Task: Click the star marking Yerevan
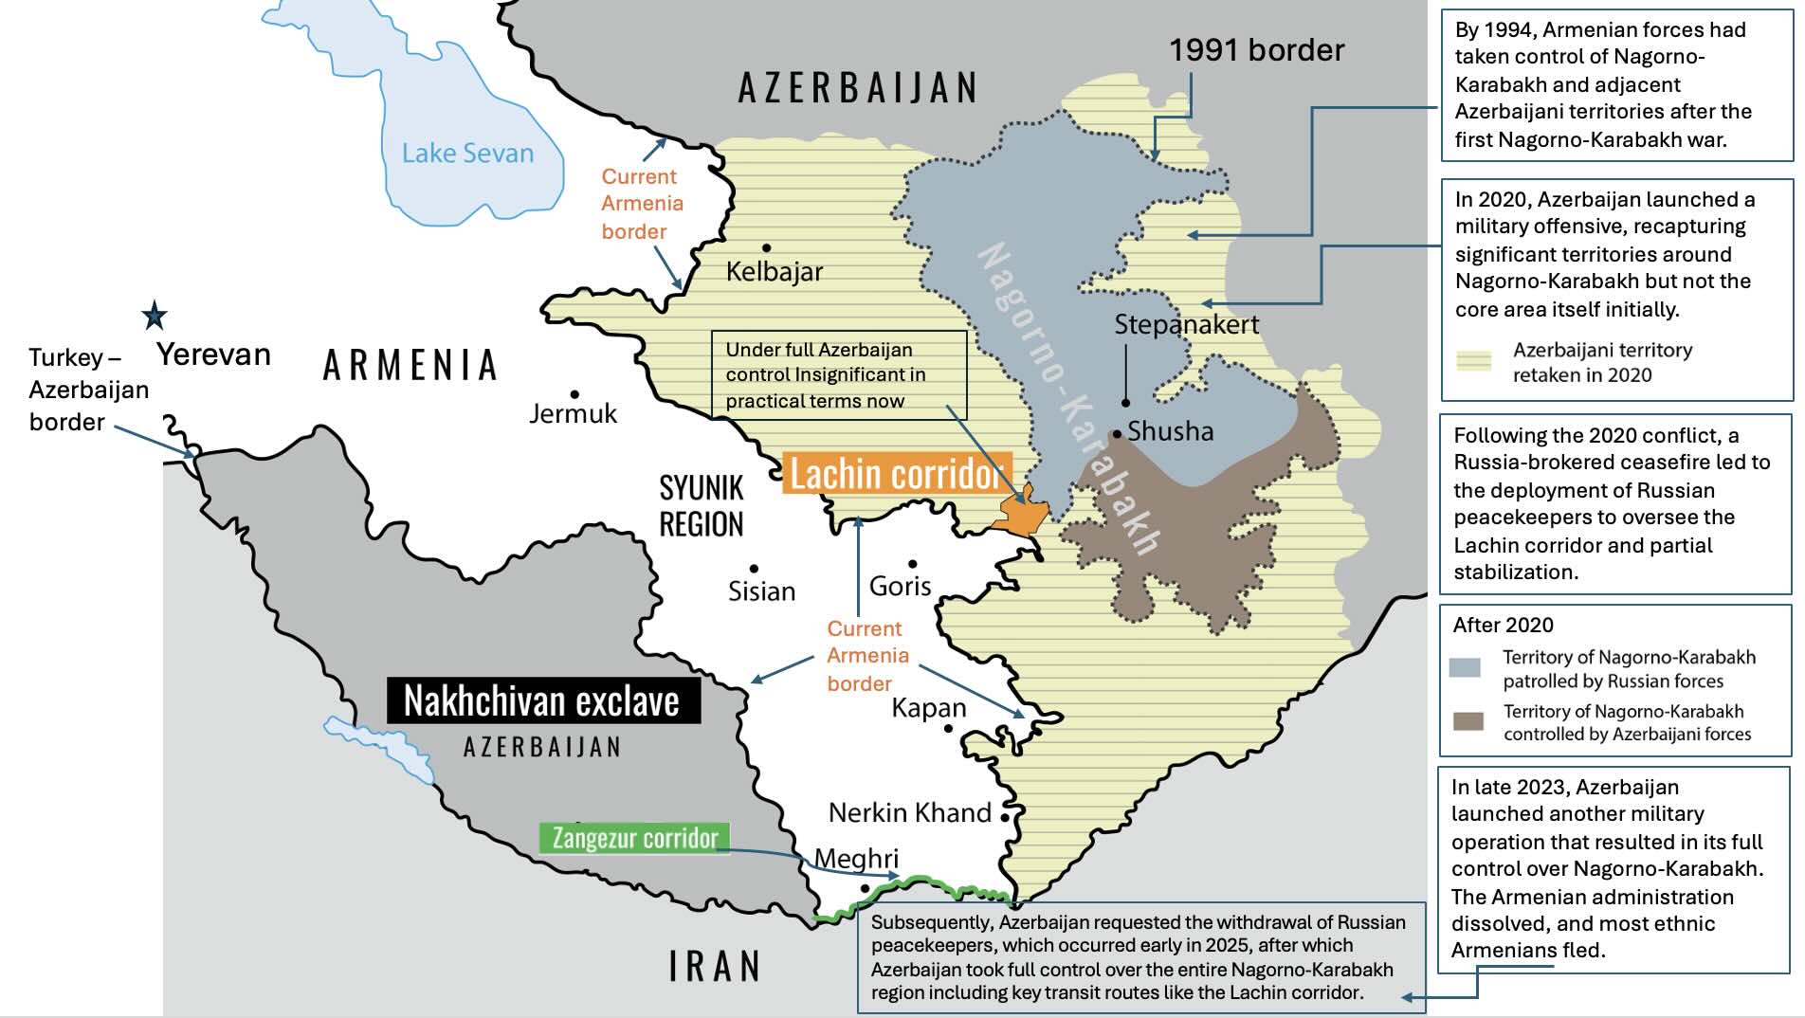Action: (155, 315)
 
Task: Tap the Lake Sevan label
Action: (467, 154)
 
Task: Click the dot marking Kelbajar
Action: (766, 247)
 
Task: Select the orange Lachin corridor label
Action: (896, 473)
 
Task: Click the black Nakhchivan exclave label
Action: (542, 700)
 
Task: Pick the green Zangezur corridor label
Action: (634, 838)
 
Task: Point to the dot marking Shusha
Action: (1118, 434)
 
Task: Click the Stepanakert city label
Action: (1186, 325)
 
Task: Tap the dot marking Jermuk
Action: (574, 394)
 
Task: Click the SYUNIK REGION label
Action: (702, 506)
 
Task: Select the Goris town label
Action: (900, 587)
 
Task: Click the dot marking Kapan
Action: (948, 728)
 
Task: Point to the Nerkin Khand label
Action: (909, 813)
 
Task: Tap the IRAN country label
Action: (715, 967)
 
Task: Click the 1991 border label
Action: (1256, 50)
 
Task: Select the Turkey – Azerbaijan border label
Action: (87, 390)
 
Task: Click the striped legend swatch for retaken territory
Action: (1473, 361)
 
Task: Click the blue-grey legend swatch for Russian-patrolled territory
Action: (1466, 667)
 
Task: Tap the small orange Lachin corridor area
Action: (1020, 515)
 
